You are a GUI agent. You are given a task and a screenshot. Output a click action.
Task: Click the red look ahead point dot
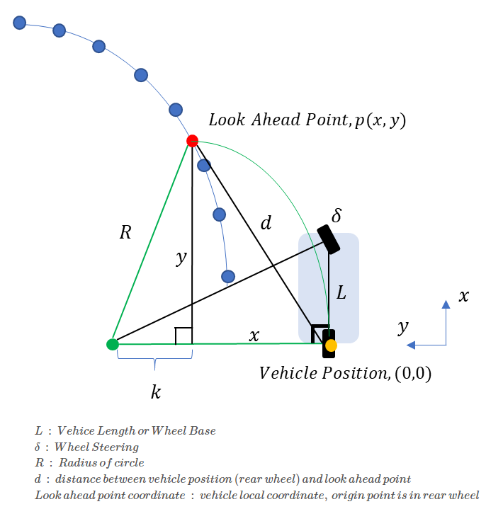click(x=192, y=141)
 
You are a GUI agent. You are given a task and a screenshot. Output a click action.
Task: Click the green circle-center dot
click(x=112, y=345)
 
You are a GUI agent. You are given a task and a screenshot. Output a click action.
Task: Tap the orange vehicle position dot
click(x=330, y=345)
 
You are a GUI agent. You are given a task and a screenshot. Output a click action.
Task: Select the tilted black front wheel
click(x=329, y=239)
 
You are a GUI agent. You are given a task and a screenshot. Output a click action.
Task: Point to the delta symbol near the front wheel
click(x=337, y=215)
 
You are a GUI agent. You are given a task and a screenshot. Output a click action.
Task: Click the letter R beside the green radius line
click(x=125, y=231)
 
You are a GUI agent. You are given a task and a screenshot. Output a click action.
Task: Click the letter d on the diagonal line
click(x=266, y=224)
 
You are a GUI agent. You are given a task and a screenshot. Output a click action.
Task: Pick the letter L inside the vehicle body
click(x=341, y=292)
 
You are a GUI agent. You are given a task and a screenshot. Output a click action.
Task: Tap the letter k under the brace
click(x=156, y=391)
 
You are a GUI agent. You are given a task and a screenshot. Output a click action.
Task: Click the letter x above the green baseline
click(x=254, y=336)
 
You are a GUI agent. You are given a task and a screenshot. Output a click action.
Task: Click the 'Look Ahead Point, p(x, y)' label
click(x=307, y=120)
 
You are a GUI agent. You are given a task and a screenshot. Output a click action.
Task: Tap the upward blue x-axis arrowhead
click(x=446, y=305)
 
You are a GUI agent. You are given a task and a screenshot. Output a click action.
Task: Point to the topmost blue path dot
click(x=20, y=23)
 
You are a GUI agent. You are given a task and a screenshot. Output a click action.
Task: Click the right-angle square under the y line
click(x=183, y=336)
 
